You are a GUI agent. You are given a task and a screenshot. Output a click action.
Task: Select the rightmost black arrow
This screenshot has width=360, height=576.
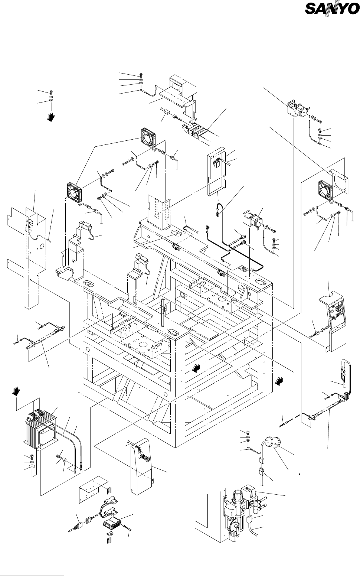coord(279,380)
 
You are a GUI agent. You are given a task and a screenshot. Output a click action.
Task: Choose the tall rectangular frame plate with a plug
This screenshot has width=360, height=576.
coord(217,173)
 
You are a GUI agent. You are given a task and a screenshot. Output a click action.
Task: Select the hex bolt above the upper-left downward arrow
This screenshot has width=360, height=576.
coord(51,92)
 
